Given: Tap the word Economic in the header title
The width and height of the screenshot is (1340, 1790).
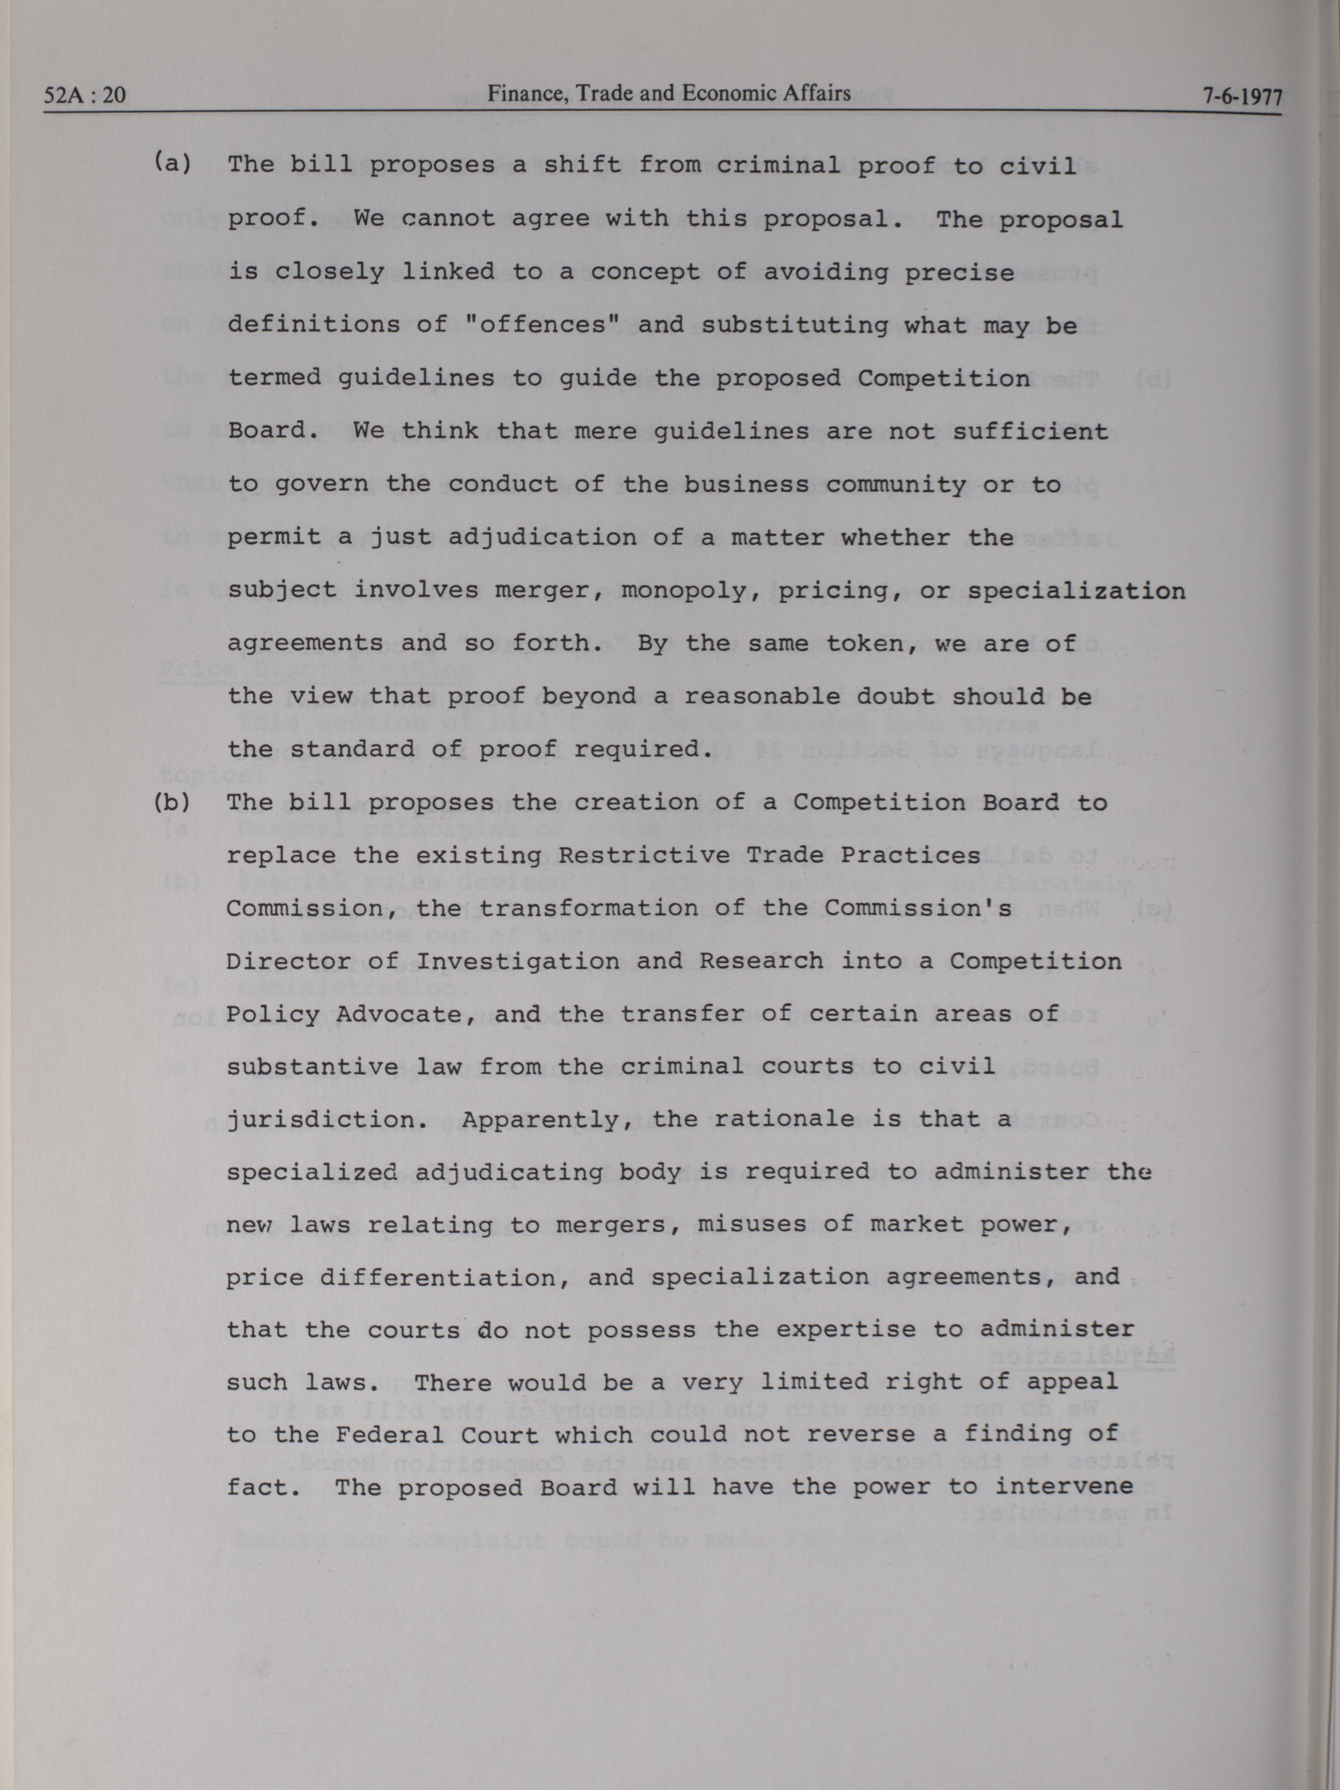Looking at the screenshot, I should pos(718,94).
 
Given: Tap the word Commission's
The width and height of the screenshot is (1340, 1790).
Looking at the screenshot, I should pos(918,908).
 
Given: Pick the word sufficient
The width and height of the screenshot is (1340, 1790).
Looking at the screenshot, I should pos(1030,431).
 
